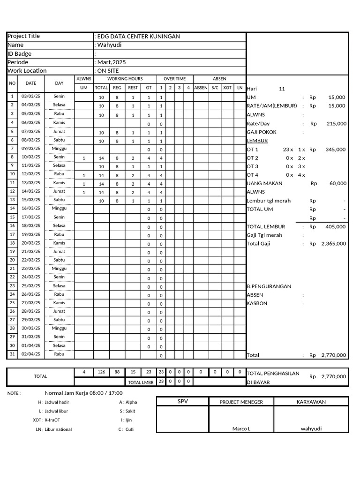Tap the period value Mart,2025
click(111, 62)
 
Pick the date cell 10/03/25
click(31, 157)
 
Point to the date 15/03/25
click(31, 200)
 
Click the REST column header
click(133, 88)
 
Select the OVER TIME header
click(174, 79)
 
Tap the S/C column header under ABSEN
click(215, 88)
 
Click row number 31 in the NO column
click(13, 354)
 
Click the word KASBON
click(257, 304)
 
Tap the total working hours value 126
click(101, 372)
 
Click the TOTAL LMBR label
click(141, 382)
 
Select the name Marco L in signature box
click(241, 429)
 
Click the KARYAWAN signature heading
click(311, 402)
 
